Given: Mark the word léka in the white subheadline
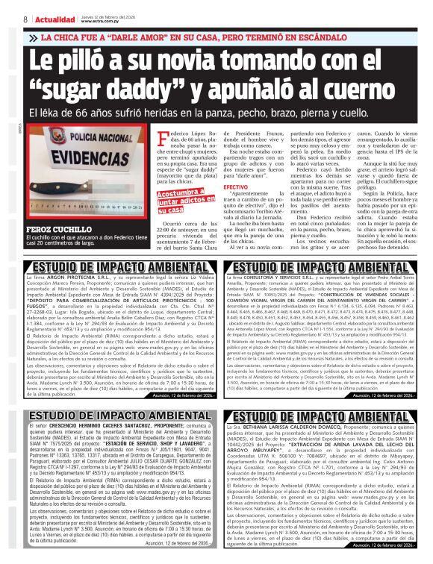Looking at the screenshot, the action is pyautogui.click(x=65, y=113).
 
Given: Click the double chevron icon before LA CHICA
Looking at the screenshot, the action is pyautogui.click(x=33, y=36).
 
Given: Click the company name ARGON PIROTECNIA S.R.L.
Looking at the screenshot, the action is pyautogui.click(x=82, y=276).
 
